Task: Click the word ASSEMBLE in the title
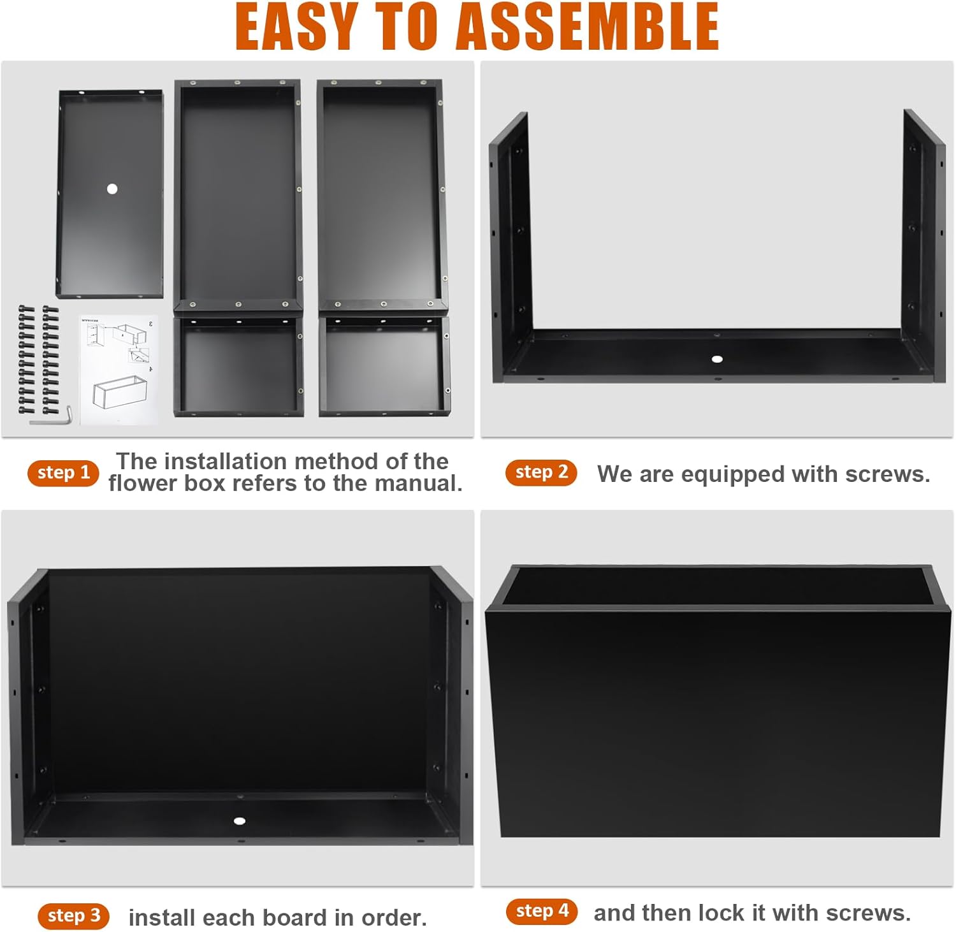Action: pos(588,26)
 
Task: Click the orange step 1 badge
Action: pos(63,473)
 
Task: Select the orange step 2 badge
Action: pos(541,472)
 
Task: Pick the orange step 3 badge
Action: pos(73,916)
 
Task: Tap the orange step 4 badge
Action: pos(542,912)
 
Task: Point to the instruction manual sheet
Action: pos(119,369)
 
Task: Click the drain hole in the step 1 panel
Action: pos(112,189)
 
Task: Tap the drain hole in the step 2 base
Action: pos(717,359)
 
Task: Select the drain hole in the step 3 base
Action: pos(240,821)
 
